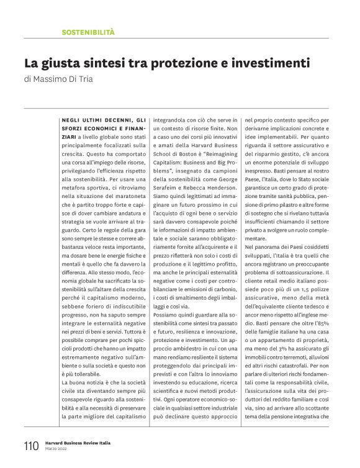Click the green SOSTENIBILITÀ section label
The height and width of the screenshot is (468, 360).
pyautogui.click(x=88, y=31)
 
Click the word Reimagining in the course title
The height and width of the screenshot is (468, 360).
pyautogui.click(x=212, y=162)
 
